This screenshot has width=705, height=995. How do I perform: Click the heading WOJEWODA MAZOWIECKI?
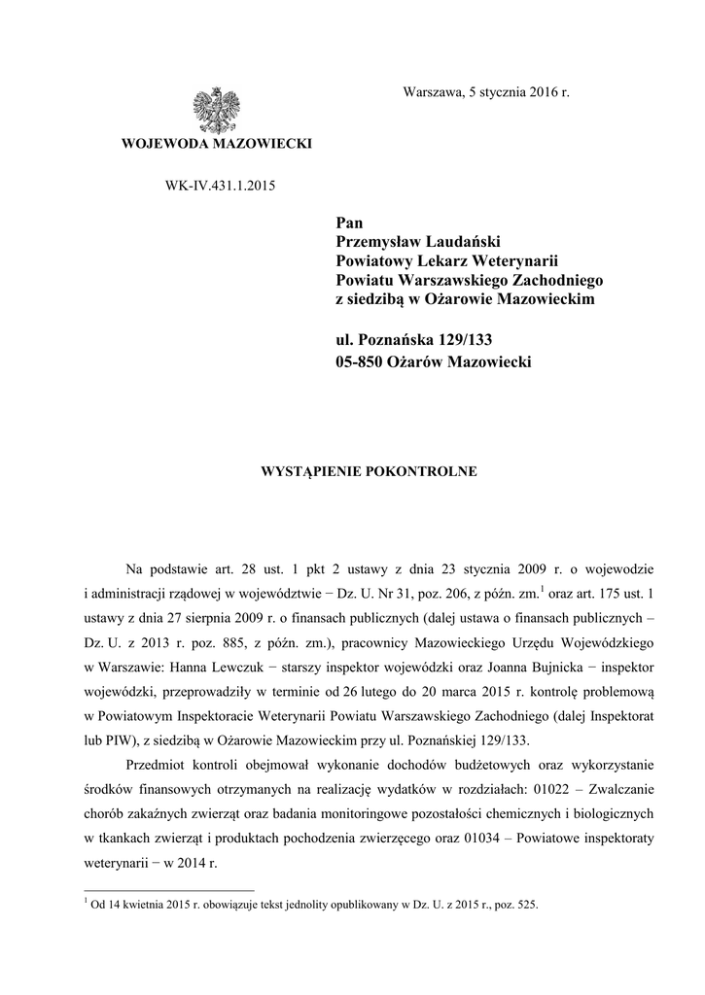click(216, 144)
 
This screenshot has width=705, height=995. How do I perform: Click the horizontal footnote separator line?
click(169, 890)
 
